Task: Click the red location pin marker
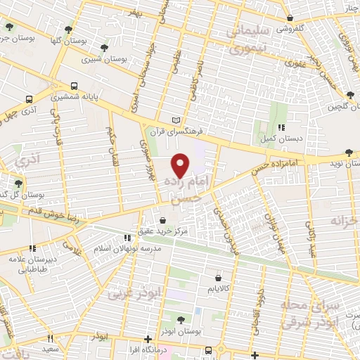[181, 165]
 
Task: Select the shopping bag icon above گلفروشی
[290, 19]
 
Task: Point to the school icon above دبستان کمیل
[281, 128]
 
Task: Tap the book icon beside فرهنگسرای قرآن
[185, 120]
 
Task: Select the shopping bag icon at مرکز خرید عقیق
[164, 219]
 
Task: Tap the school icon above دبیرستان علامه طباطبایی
[32, 248]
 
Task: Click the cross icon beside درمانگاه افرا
[146, 338]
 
